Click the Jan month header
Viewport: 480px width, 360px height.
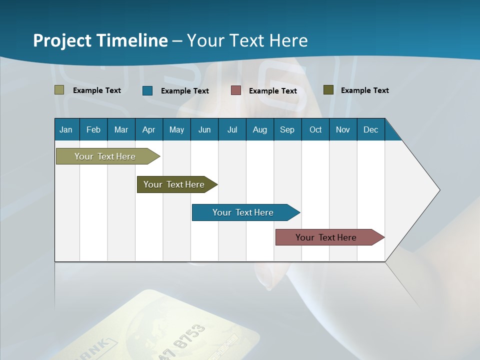(66, 129)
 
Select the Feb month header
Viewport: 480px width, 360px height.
(93, 129)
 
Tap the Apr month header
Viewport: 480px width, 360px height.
(148, 129)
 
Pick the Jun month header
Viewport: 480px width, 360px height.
(204, 129)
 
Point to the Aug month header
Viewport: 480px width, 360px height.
(259, 129)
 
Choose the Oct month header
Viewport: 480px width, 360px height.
(315, 129)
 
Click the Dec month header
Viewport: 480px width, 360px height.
(370, 129)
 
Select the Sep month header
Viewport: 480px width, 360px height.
(287, 129)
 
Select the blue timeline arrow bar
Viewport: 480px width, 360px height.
(243, 212)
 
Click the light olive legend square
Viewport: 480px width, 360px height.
(59, 90)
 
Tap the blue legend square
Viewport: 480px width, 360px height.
(147, 90)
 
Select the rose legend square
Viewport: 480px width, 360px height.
(236, 90)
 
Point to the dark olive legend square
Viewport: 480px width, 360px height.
(328, 90)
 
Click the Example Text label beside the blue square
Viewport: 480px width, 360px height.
(185, 91)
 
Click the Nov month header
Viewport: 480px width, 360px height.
(343, 129)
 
